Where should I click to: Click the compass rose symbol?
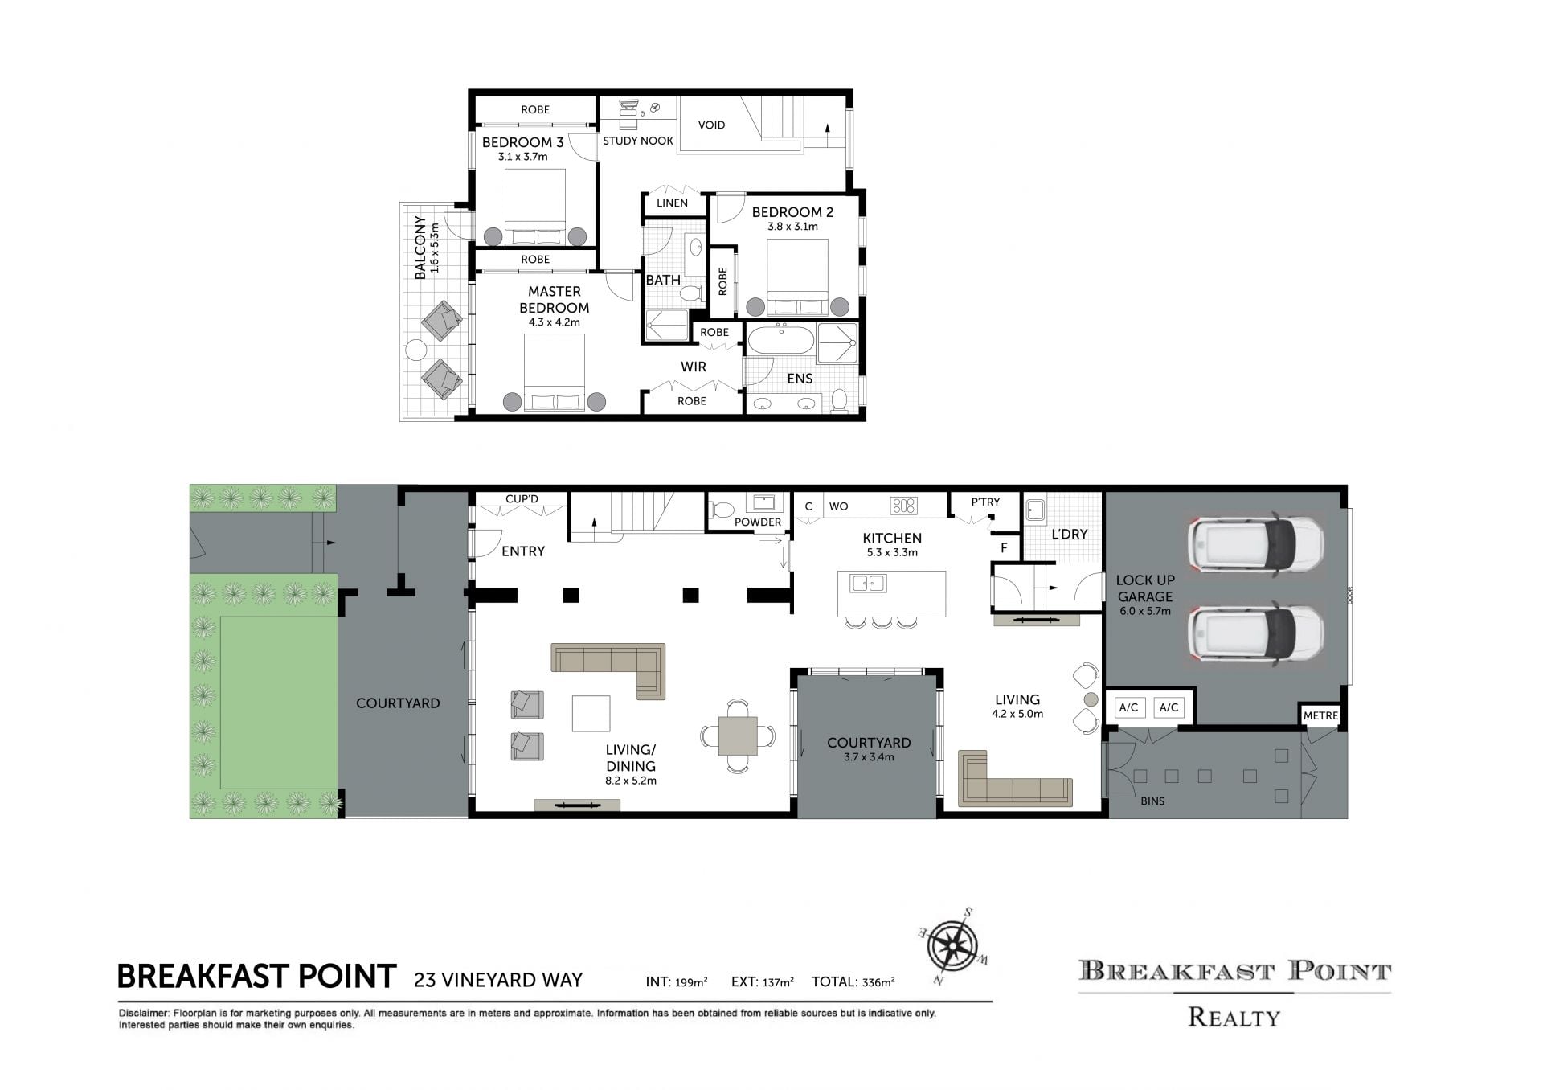coord(953,947)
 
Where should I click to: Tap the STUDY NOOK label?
coord(638,141)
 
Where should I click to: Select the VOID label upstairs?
coord(711,125)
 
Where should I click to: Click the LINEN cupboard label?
coord(672,203)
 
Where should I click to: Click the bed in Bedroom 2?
coord(796,278)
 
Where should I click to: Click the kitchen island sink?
coord(868,583)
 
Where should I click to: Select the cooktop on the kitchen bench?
coord(904,506)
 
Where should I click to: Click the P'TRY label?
coord(985,502)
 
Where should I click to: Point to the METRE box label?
coord(1320,715)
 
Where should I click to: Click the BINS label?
coord(1152,801)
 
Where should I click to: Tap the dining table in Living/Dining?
coord(738,736)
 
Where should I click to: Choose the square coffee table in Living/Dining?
coord(591,713)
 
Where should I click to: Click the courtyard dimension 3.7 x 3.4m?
coord(869,757)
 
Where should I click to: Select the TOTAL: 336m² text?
coord(853,981)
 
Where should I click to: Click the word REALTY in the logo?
coord(1234,1018)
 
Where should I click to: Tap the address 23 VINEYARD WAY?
coord(498,980)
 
